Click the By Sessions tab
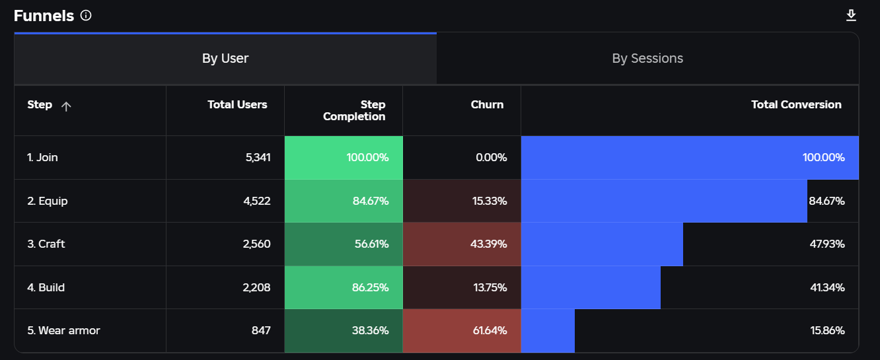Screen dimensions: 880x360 (647, 59)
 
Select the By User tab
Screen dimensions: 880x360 (225, 59)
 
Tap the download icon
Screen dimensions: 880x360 (851, 15)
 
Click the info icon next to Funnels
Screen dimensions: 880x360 (86, 15)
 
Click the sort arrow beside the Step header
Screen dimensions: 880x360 (66, 106)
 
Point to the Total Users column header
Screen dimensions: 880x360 (237, 104)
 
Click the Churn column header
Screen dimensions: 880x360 (487, 104)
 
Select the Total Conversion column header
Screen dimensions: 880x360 (796, 104)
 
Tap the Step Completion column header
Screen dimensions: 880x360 (354, 110)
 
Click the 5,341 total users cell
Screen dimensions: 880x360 (258, 157)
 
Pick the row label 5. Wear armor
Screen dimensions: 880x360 (63, 330)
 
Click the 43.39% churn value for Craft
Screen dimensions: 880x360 (489, 244)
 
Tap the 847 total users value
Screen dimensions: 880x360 (261, 330)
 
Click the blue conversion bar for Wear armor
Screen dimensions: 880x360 (548, 330)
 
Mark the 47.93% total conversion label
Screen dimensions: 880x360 (827, 244)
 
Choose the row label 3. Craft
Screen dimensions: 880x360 (46, 244)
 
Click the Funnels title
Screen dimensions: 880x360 (44, 16)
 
